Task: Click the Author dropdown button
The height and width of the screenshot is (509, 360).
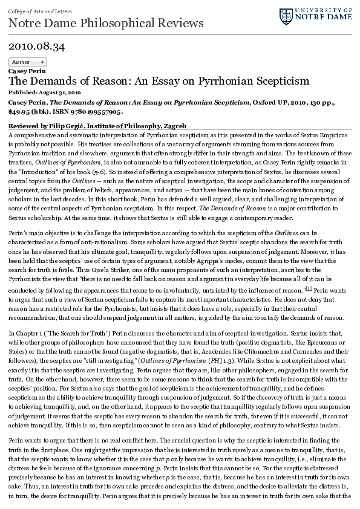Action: (x=28, y=62)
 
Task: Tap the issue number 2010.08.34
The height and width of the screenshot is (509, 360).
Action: (x=37, y=46)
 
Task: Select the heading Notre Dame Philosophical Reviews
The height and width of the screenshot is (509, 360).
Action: (x=106, y=23)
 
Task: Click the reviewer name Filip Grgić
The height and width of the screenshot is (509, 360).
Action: (x=67, y=125)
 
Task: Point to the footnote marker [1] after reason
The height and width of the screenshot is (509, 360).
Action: (x=308, y=290)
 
